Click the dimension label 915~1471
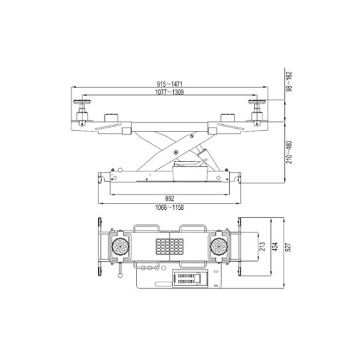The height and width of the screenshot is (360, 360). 169,84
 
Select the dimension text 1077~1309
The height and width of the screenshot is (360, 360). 169,92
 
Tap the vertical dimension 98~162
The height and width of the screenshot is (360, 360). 290,82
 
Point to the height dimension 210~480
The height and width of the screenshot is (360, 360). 290,152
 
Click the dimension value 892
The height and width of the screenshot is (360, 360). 169,199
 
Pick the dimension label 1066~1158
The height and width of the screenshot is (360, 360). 169,207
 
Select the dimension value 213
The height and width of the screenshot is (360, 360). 262,246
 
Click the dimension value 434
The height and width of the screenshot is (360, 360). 275,246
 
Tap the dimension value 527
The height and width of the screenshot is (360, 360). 289,247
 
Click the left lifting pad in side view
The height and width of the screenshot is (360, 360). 82,102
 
